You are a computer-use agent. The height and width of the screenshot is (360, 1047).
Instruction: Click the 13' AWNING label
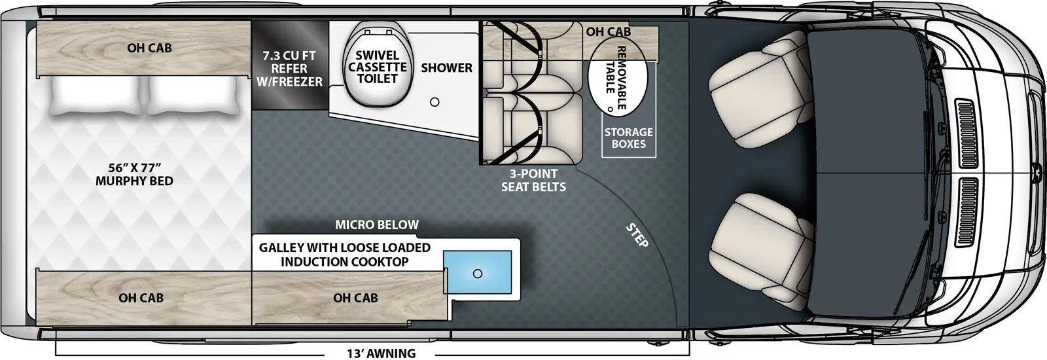pos(381,353)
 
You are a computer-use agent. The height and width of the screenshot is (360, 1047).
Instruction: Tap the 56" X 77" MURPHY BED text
pos(134,175)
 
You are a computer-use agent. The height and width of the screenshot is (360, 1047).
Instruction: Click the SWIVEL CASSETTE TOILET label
pos(378,67)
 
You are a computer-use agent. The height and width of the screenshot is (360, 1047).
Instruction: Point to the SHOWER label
pos(446,67)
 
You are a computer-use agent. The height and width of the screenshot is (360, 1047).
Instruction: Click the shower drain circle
pos(435,102)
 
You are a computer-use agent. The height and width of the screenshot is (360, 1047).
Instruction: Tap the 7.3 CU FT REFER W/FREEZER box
pos(289,69)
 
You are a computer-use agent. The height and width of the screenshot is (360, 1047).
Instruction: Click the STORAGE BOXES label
pos(628,138)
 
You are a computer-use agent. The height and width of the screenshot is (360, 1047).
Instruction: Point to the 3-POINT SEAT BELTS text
pos(533,180)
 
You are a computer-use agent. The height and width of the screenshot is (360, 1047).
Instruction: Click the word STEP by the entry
pos(637,236)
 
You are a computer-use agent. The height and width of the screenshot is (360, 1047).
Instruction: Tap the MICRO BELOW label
pos(377,225)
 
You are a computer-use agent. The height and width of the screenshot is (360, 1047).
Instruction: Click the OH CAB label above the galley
pos(355,298)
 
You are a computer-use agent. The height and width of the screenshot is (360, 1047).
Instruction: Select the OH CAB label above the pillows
pos(149,48)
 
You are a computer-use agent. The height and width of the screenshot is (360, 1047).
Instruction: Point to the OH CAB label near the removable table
pos(609,31)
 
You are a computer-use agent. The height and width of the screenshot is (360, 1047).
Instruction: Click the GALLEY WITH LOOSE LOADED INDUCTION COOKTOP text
pos(345,255)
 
